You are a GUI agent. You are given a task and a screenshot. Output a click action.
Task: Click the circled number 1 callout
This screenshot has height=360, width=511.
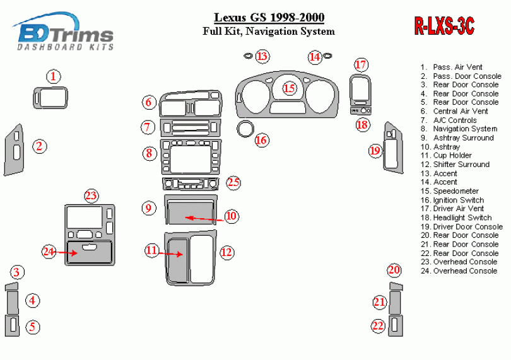click(x=54, y=76)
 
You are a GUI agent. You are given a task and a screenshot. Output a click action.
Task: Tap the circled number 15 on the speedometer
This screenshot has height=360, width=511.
click(x=289, y=88)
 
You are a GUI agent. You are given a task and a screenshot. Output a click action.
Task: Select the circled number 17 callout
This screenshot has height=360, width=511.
click(x=360, y=65)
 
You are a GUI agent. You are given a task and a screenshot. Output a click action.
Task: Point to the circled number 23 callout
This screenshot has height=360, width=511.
click(x=91, y=195)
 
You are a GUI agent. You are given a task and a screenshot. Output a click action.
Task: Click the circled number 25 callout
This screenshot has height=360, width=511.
click(x=233, y=183)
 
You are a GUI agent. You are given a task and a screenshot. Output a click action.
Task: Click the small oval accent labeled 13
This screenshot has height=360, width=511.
click(x=248, y=56)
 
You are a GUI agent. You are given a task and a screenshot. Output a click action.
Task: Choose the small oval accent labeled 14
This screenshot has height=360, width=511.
click(x=328, y=56)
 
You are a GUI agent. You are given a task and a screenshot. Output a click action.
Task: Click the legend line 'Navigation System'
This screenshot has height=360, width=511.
click(x=465, y=129)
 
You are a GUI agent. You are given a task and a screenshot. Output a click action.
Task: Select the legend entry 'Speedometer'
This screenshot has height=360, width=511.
click(x=455, y=191)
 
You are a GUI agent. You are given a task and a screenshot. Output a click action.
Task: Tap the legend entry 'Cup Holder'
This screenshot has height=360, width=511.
click(x=452, y=155)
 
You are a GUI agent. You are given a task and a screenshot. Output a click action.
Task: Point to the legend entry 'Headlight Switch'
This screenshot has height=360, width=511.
click(x=462, y=218)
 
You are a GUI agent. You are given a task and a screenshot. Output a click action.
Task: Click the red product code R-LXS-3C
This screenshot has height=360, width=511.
click(x=443, y=26)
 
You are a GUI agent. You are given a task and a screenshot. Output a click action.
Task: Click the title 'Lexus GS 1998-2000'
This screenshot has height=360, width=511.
click(x=269, y=18)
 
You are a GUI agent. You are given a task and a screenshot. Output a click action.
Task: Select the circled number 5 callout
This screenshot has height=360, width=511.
click(x=33, y=327)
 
